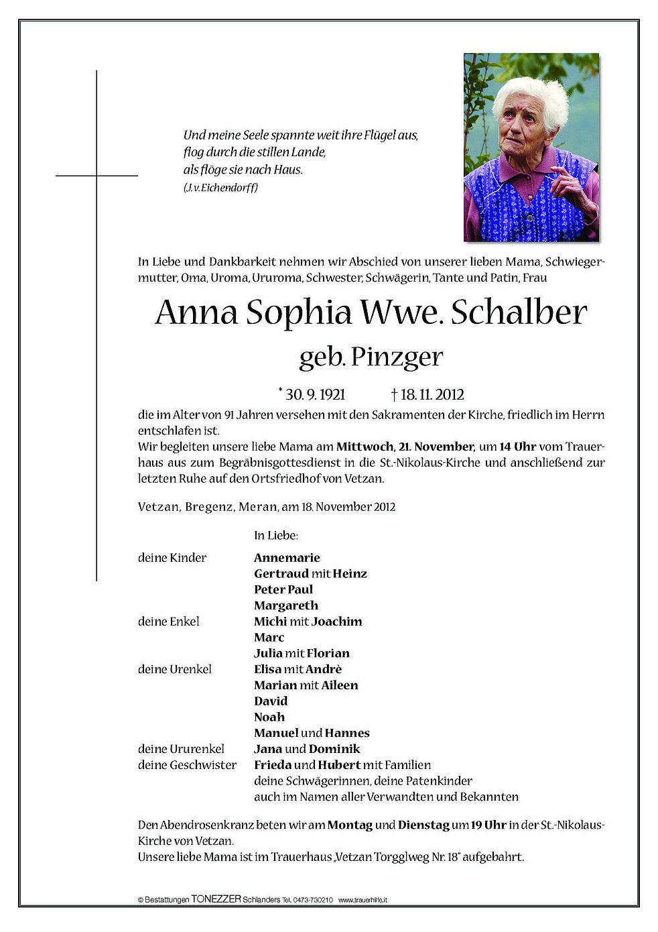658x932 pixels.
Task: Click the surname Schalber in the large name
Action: click(519, 312)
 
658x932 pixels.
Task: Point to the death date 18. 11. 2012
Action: click(432, 394)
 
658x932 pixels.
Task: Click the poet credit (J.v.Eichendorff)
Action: click(220, 188)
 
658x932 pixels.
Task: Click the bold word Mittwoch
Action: click(365, 447)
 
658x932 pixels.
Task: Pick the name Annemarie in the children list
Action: click(287, 558)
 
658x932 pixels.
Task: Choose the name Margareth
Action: click(286, 605)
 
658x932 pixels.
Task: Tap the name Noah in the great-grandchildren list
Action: click(269, 717)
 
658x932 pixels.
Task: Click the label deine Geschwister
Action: click(187, 765)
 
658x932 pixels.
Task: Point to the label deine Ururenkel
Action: click(181, 749)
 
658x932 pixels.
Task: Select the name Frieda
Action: click(273, 765)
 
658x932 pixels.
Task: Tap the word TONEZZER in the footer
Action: click(216, 900)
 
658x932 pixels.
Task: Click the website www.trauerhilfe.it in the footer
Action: click(363, 900)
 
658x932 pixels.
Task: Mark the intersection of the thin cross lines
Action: click(96, 176)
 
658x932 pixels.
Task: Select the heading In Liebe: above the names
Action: click(276, 536)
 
